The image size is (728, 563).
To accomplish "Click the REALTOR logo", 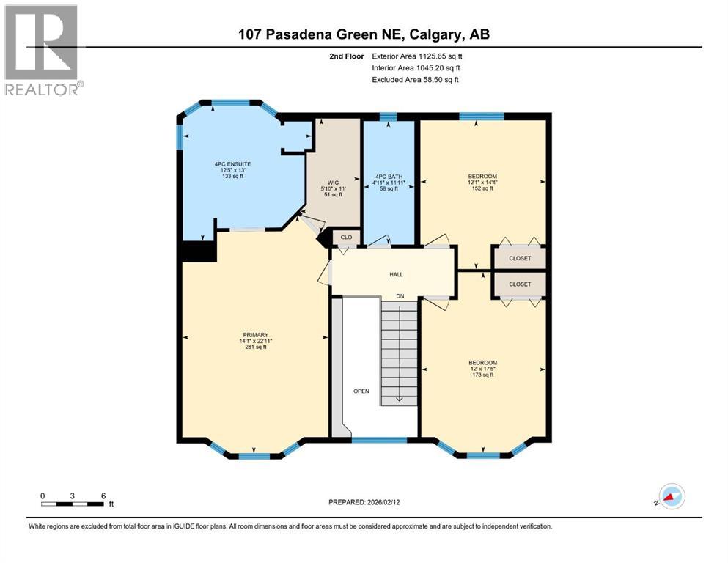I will [x=42, y=50].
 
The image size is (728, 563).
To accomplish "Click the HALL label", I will [x=396, y=274].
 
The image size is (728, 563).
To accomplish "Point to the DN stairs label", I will [x=400, y=295].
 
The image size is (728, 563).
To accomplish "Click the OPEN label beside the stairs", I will [x=361, y=391].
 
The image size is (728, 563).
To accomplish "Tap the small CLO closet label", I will [x=346, y=238].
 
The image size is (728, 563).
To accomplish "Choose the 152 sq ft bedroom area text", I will [x=482, y=188].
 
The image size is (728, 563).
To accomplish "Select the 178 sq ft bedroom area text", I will [x=482, y=375].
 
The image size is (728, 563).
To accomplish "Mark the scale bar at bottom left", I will [x=73, y=504].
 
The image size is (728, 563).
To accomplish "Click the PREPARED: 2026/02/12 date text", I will [x=364, y=502].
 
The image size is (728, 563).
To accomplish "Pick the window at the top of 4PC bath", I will [x=389, y=116].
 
